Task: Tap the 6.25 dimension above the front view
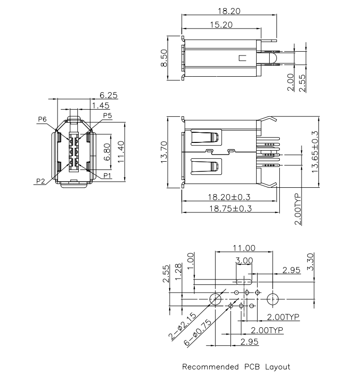pyautogui.click(x=108, y=95)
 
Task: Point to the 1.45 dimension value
pyautogui.click(x=101, y=105)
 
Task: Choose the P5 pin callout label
pyautogui.click(x=107, y=116)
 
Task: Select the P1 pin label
pyautogui.click(x=107, y=175)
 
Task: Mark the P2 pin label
pyautogui.click(x=41, y=181)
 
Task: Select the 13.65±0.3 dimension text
pyautogui.click(x=315, y=152)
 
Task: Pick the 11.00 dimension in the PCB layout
pyautogui.click(x=244, y=248)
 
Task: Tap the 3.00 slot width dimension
pyautogui.click(x=244, y=260)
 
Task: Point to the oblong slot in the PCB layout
pyautogui.click(x=244, y=280)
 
